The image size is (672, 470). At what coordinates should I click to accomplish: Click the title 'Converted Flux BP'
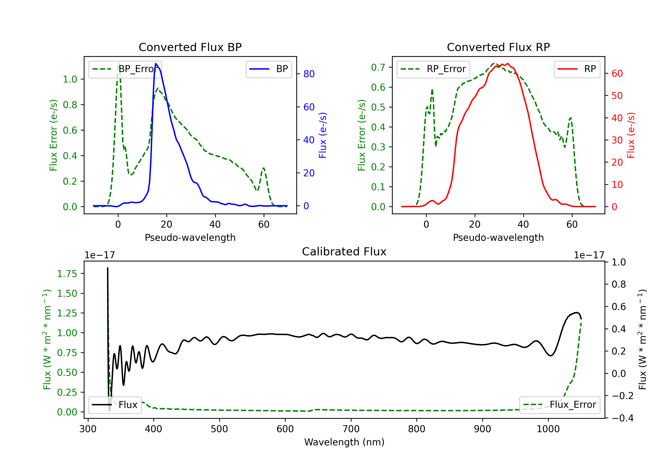click(190, 47)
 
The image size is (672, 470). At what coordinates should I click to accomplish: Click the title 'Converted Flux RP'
click(498, 47)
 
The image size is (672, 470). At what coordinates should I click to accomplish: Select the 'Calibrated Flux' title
click(344, 252)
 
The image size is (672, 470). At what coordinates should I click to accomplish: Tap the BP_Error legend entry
click(125, 69)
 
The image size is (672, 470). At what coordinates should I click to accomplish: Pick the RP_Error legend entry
click(433, 69)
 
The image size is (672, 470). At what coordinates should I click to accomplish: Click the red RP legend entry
click(577, 69)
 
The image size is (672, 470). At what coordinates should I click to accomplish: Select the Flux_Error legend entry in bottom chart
click(559, 405)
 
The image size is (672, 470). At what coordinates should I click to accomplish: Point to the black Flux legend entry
click(115, 405)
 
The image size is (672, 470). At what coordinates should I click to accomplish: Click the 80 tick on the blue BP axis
click(309, 74)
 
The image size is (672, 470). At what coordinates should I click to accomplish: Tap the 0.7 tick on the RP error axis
click(378, 67)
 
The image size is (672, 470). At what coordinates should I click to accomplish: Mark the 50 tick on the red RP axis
click(617, 96)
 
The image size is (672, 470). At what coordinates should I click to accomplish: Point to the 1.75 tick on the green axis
click(67, 274)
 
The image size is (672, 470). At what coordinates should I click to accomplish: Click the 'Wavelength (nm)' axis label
click(344, 442)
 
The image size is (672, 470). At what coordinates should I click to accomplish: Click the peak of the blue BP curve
click(156, 64)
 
